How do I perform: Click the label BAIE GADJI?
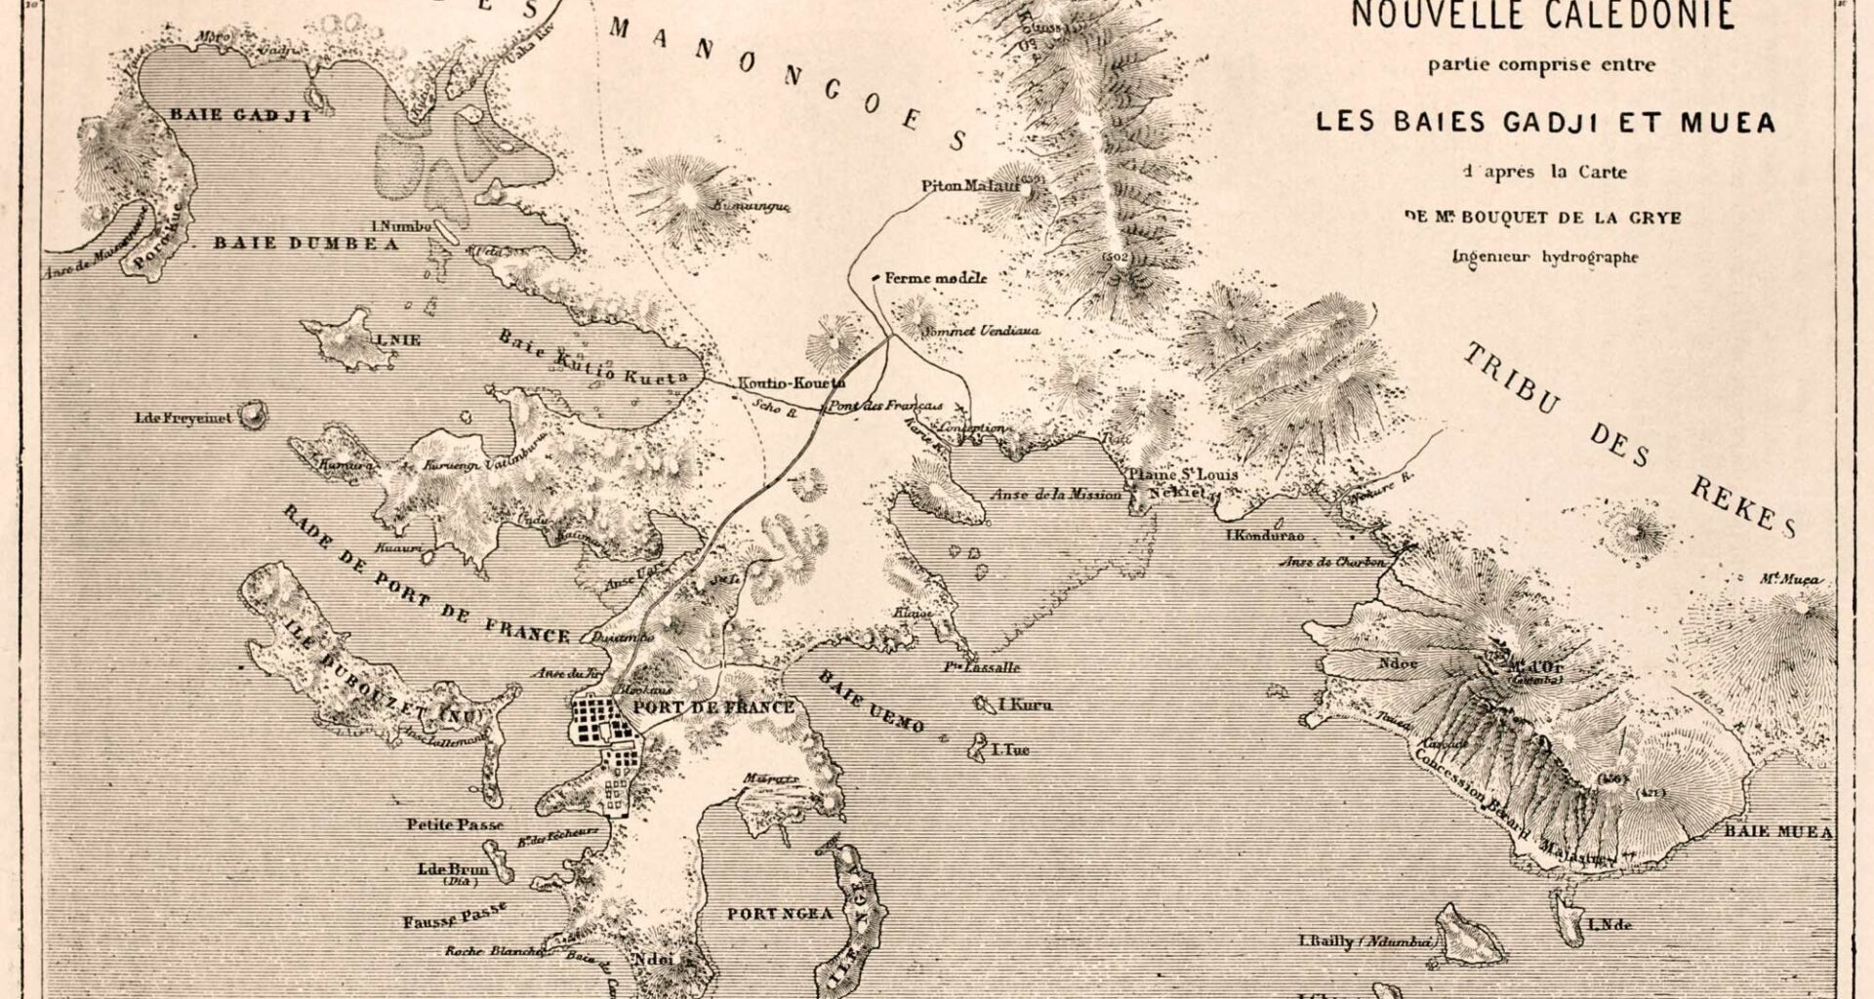[x=239, y=115]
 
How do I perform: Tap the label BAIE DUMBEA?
[x=306, y=244]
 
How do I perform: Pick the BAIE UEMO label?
[x=872, y=699]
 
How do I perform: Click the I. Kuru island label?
[x=1025, y=704]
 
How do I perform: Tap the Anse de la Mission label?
[x=1056, y=495]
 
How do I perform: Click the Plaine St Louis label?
[x=1182, y=475]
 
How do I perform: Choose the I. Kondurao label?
[x=1265, y=536]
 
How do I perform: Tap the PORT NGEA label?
[x=780, y=914]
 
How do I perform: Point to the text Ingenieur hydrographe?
[x=1545, y=258]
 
